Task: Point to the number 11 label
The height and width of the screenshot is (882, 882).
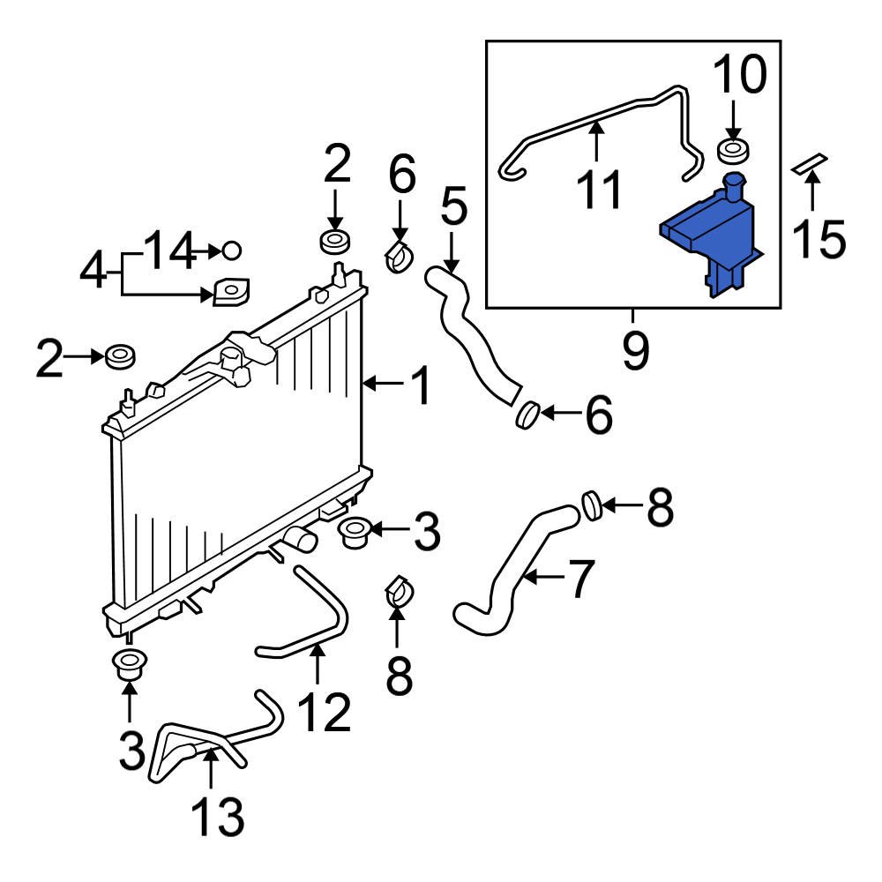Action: [x=601, y=188]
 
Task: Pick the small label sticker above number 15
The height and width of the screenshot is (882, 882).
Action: [x=811, y=164]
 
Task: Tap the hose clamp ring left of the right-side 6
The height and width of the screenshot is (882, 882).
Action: [x=527, y=413]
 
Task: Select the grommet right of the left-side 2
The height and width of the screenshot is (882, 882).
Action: [x=119, y=356]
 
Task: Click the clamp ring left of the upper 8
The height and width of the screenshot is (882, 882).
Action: [x=591, y=505]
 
